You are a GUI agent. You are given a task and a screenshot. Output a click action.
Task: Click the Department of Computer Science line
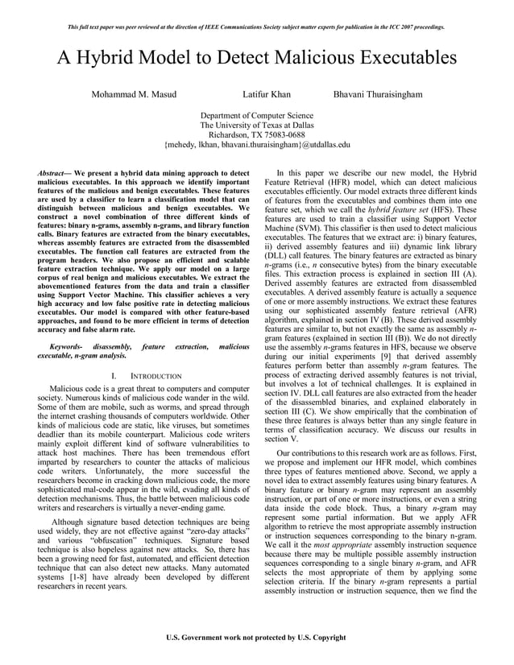(257, 116)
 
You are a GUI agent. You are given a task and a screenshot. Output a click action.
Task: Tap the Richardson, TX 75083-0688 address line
(257, 135)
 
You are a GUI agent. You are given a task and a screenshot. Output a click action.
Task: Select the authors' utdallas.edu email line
(257, 145)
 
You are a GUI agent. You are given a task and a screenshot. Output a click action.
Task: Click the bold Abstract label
(56, 173)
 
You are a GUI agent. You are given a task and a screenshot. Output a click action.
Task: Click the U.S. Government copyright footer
(256, 638)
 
